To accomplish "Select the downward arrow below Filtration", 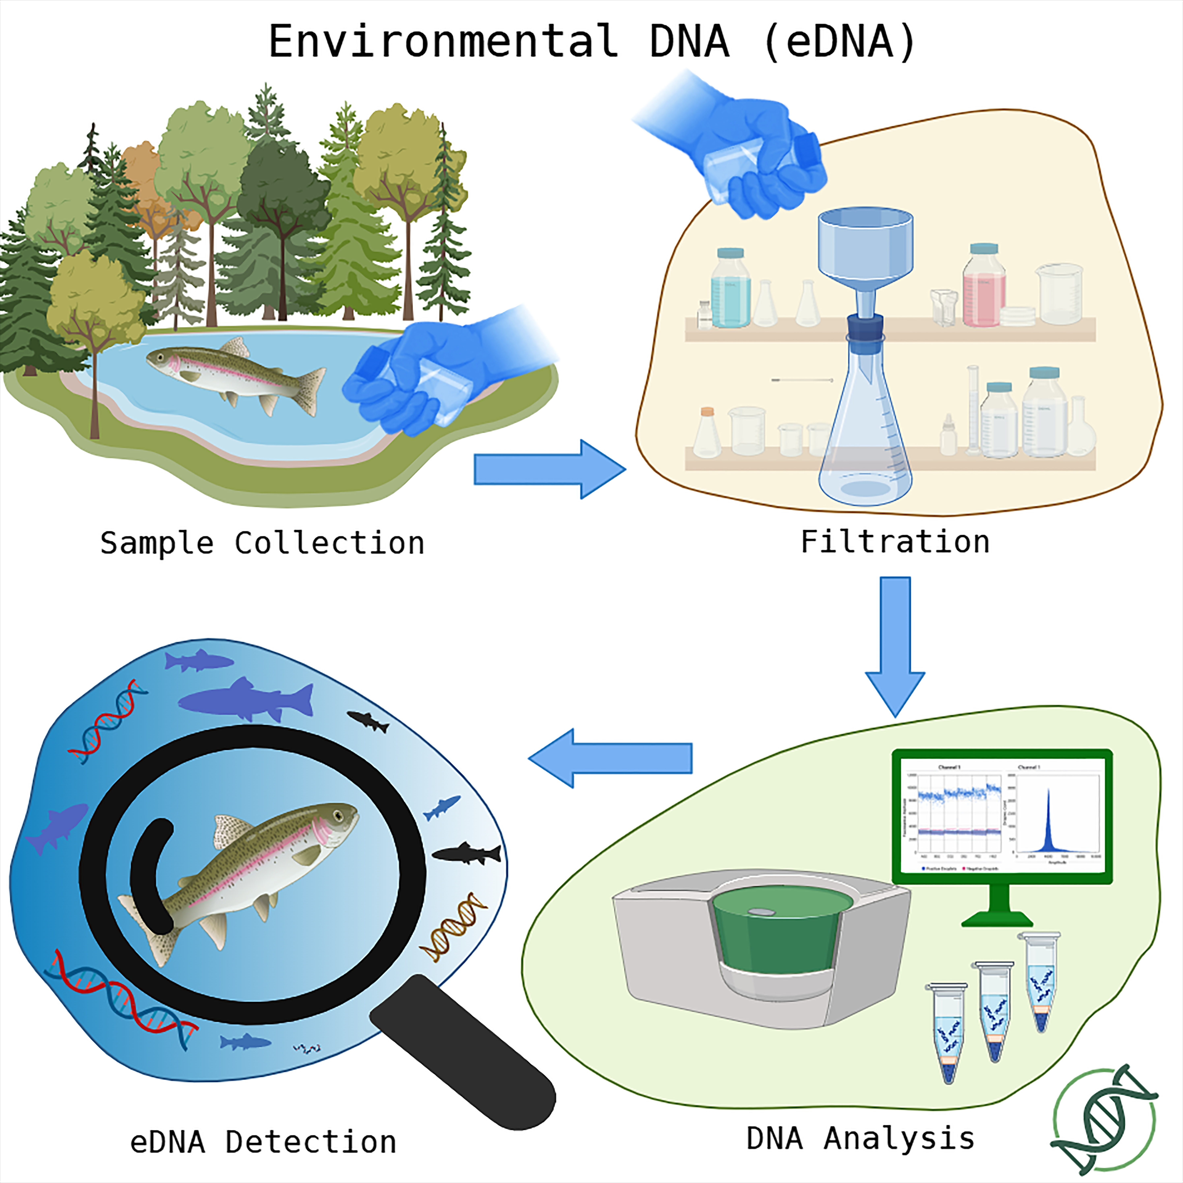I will pyautogui.click(x=895, y=643).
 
